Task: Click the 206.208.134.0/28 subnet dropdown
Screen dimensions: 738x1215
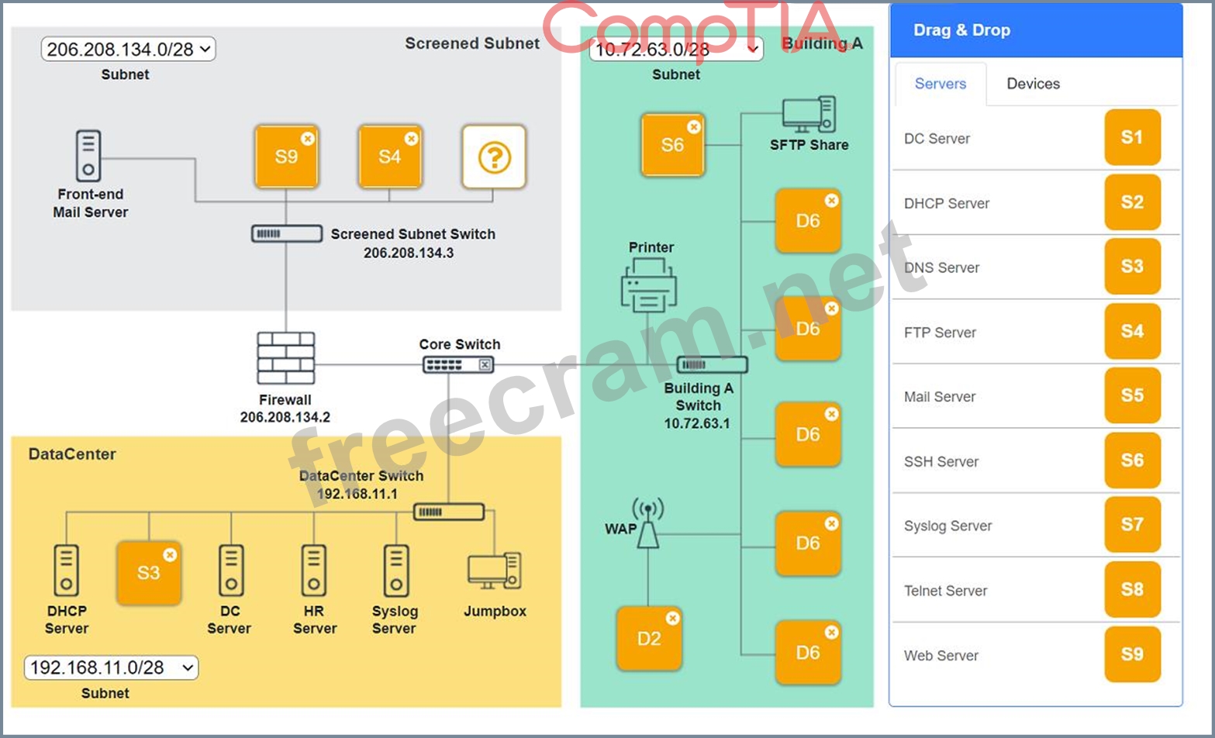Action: (128, 50)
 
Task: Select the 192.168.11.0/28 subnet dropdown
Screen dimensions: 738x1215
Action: (111, 667)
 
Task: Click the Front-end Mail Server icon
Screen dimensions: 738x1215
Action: (88, 156)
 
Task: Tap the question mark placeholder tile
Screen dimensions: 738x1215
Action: (494, 157)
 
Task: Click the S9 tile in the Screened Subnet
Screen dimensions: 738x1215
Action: (286, 157)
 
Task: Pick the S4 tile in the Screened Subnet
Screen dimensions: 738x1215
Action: (390, 157)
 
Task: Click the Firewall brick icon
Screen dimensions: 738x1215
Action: (286, 358)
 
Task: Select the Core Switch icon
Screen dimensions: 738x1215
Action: (458, 364)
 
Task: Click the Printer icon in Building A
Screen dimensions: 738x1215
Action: (649, 285)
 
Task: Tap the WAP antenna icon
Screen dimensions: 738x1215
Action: (647, 524)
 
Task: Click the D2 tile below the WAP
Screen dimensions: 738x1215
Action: (649, 639)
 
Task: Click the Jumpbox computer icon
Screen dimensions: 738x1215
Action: (494, 571)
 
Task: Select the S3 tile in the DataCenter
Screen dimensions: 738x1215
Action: (148, 573)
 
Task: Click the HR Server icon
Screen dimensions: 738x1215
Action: (314, 570)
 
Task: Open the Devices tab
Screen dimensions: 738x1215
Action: (1033, 84)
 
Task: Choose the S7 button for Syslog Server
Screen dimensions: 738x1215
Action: (1132, 525)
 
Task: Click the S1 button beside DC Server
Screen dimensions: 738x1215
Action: (1132, 138)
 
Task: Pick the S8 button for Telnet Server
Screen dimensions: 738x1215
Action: (1132, 590)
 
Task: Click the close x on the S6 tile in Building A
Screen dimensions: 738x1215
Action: (694, 126)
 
